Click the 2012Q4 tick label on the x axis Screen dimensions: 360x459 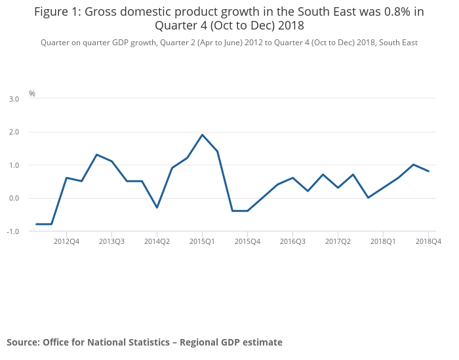tap(66, 241)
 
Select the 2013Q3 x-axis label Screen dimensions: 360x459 tap(111, 241)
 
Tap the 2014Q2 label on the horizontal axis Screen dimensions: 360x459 tap(157, 241)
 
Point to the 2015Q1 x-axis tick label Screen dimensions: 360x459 tap(202, 241)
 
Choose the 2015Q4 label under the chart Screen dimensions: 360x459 tap(247, 241)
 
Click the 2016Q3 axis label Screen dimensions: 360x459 tap(292, 241)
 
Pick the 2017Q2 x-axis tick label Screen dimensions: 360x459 tap(338, 241)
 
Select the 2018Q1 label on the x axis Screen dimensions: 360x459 tap(383, 241)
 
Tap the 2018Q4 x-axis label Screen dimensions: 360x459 tap(428, 241)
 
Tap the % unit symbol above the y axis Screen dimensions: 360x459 tap(32, 94)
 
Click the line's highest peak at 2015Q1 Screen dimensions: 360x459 tap(202, 135)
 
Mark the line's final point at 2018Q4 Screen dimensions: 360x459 tap(428, 171)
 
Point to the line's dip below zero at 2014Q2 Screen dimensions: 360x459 tap(157, 207)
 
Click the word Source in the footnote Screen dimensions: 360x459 tap(22, 342)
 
